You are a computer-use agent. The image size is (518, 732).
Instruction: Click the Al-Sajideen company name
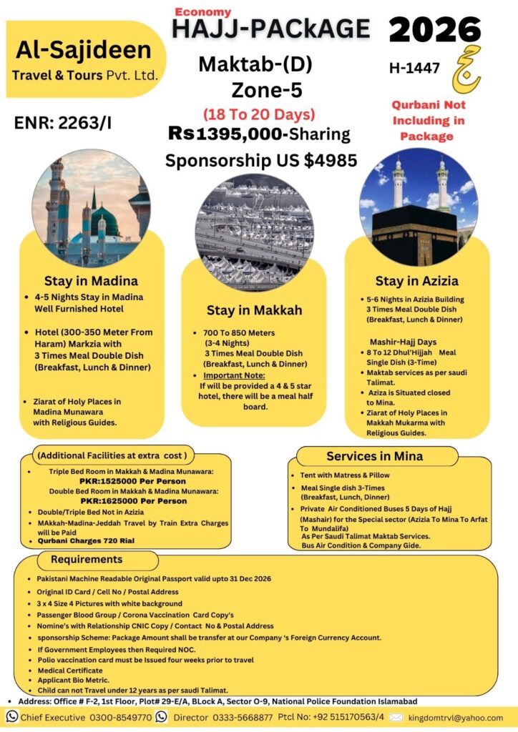click(x=83, y=51)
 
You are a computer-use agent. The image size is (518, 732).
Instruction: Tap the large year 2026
click(x=435, y=29)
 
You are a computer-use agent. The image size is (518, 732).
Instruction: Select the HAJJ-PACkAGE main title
click(x=271, y=29)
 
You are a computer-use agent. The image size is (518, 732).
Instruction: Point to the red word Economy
click(x=202, y=11)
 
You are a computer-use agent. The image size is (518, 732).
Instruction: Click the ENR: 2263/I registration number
click(x=63, y=123)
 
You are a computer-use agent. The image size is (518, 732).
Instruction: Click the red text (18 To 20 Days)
click(x=259, y=114)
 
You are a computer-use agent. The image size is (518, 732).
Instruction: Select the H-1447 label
click(x=414, y=69)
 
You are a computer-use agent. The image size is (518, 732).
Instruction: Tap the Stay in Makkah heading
click(x=254, y=310)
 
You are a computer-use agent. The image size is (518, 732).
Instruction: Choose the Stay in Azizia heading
click(x=417, y=281)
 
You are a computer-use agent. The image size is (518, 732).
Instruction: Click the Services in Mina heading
click(x=374, y=456)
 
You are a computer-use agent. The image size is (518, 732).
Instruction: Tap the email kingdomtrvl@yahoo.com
click(x=455, y=717)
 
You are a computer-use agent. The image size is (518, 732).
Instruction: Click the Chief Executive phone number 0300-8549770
click(x=124, y=717)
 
